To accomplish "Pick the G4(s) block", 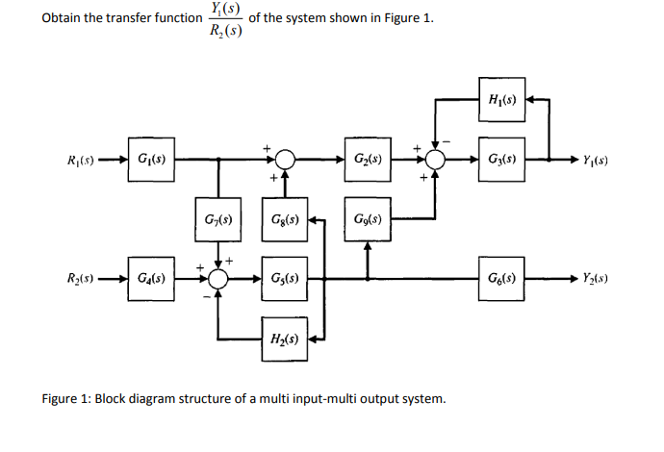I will point(150,280).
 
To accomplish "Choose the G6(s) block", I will point(504,280).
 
